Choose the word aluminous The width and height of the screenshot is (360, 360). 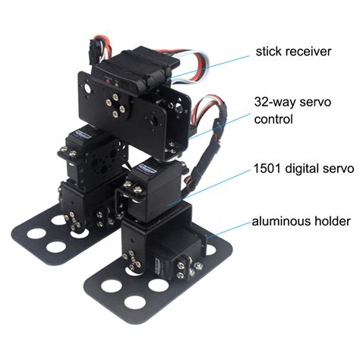pos(280,222)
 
